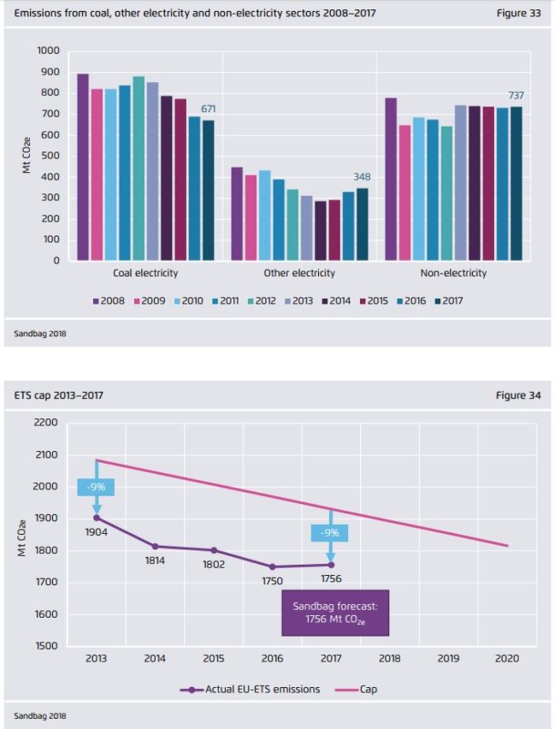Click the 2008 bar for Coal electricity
click(83, 167)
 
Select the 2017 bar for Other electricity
click(362, 224)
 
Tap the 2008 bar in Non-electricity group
click(391, 179)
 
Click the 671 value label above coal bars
click(209, 109)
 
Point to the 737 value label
click(516, 95)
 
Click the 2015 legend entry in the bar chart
click(373, 301)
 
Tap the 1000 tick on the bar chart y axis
click(48, 50)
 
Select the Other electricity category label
click(299, 273)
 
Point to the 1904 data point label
click(97, 531)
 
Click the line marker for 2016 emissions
click(273, 566)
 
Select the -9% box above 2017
click(330, 532)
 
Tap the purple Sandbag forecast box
click(334, 613)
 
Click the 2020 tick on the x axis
click(507, 660)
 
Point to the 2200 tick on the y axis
click(45, 423)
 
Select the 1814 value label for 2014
click(155, 560)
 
